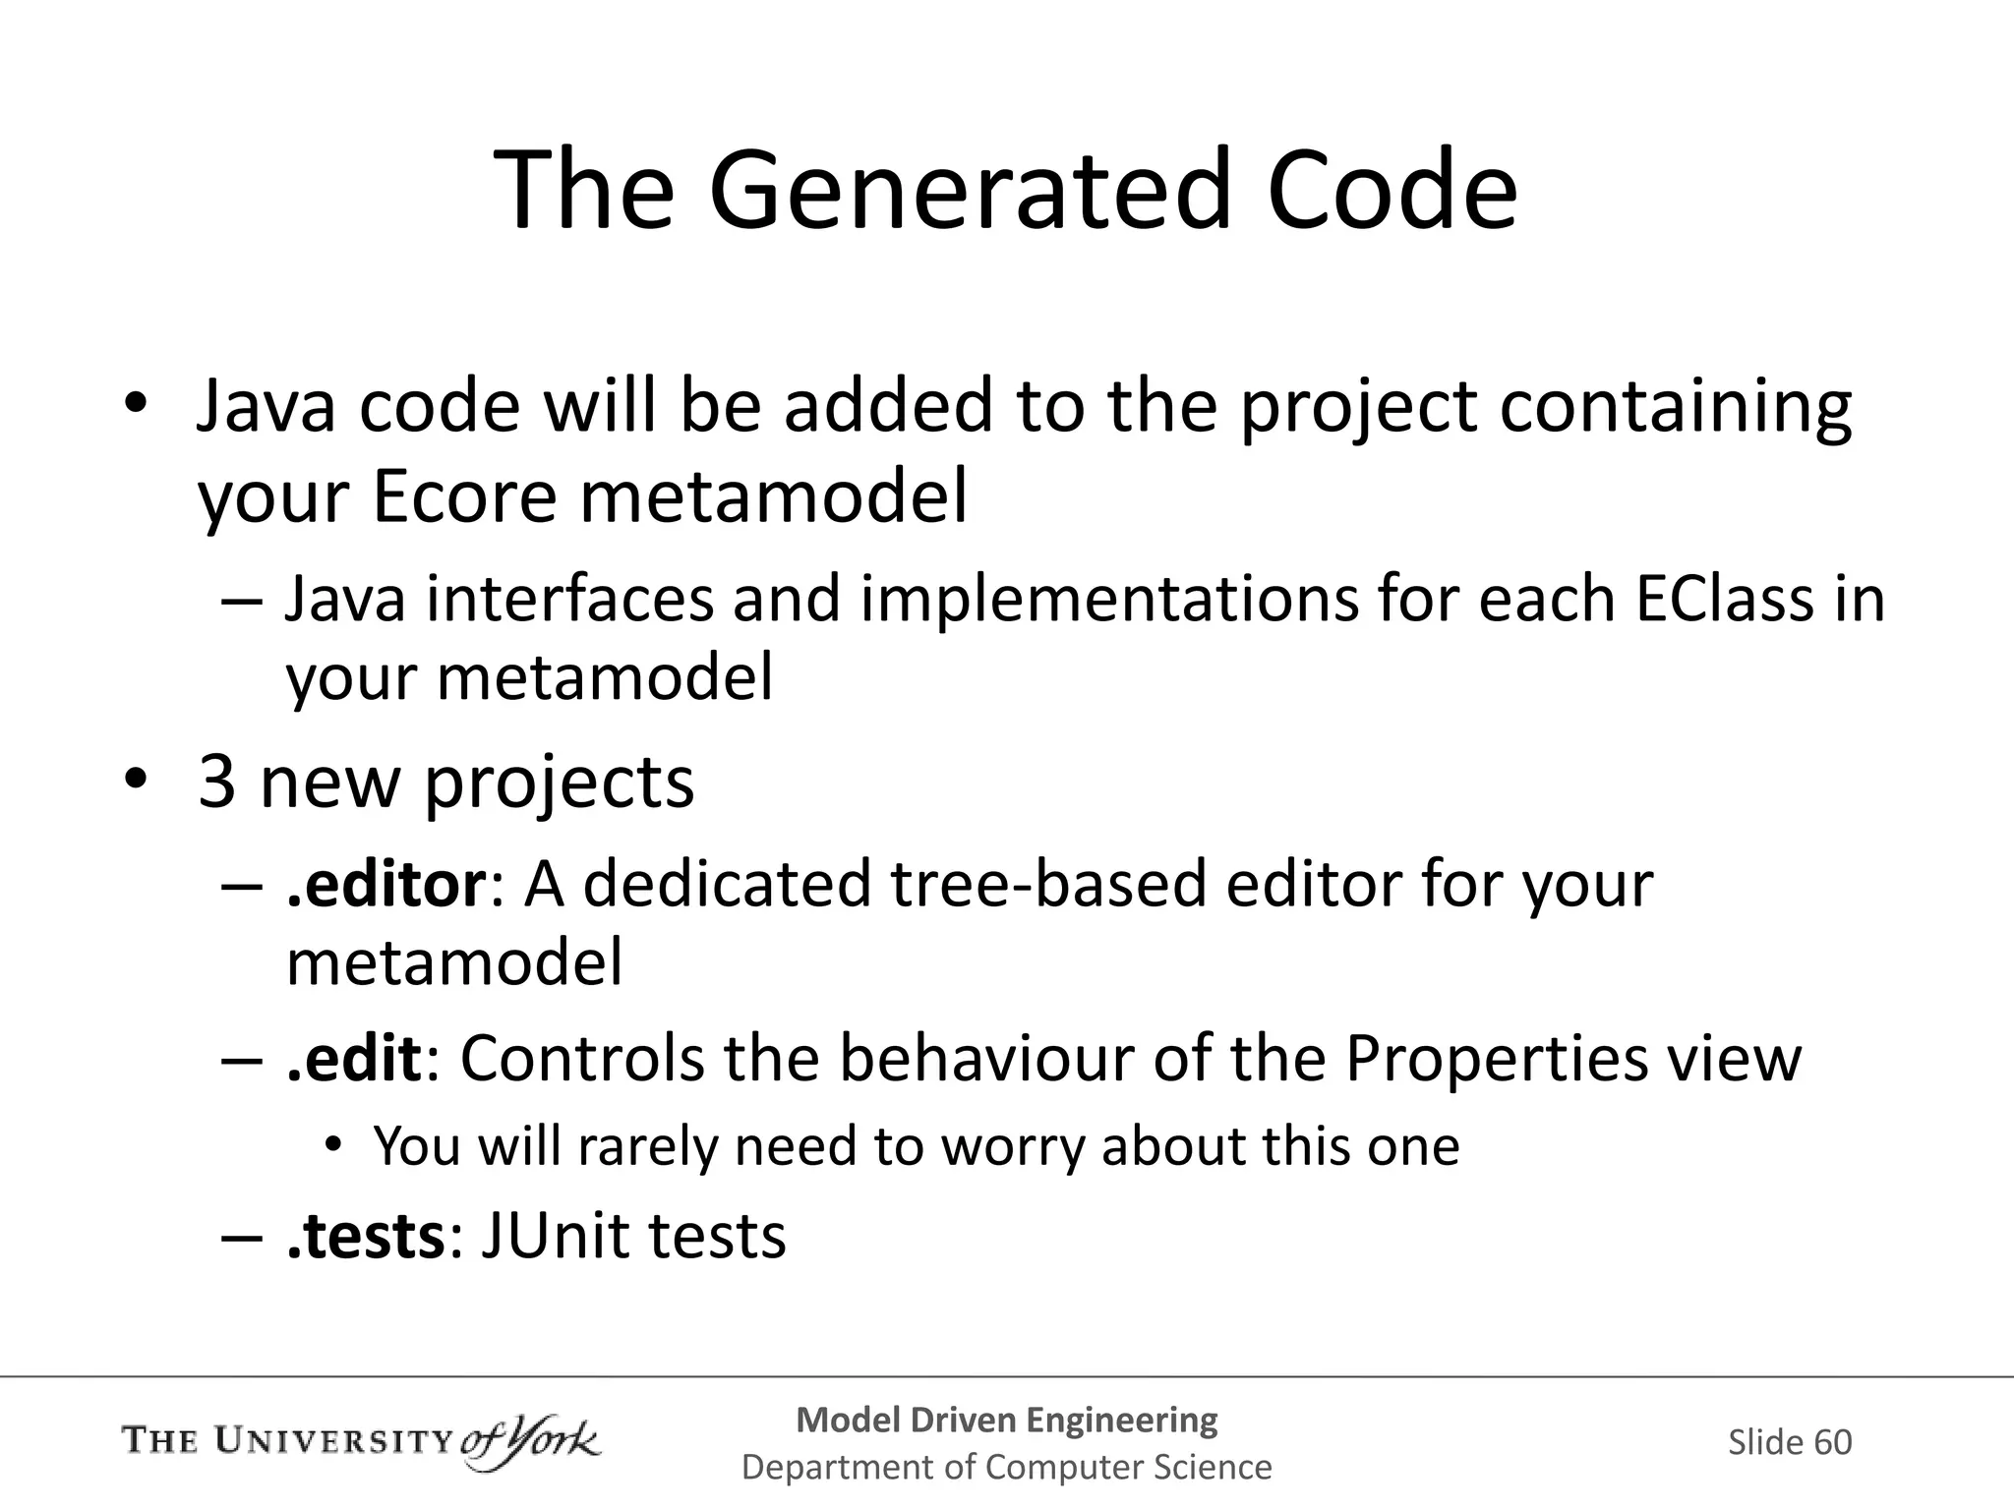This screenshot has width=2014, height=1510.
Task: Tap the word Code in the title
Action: (x=1391, y=190)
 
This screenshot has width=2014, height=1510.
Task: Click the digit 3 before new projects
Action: (x=216, y=782)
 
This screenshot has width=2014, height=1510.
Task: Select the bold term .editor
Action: (x=385, y=884)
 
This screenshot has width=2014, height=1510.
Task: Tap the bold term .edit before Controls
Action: (x=354, y=1059)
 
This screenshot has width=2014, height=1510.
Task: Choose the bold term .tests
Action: (x=367, y=1236)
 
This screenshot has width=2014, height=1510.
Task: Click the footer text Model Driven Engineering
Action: (x=1006, y=1420)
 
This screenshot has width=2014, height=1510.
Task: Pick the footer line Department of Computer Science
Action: (x=1006, y=1467)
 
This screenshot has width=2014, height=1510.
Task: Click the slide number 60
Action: (x=1832, y=1442)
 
